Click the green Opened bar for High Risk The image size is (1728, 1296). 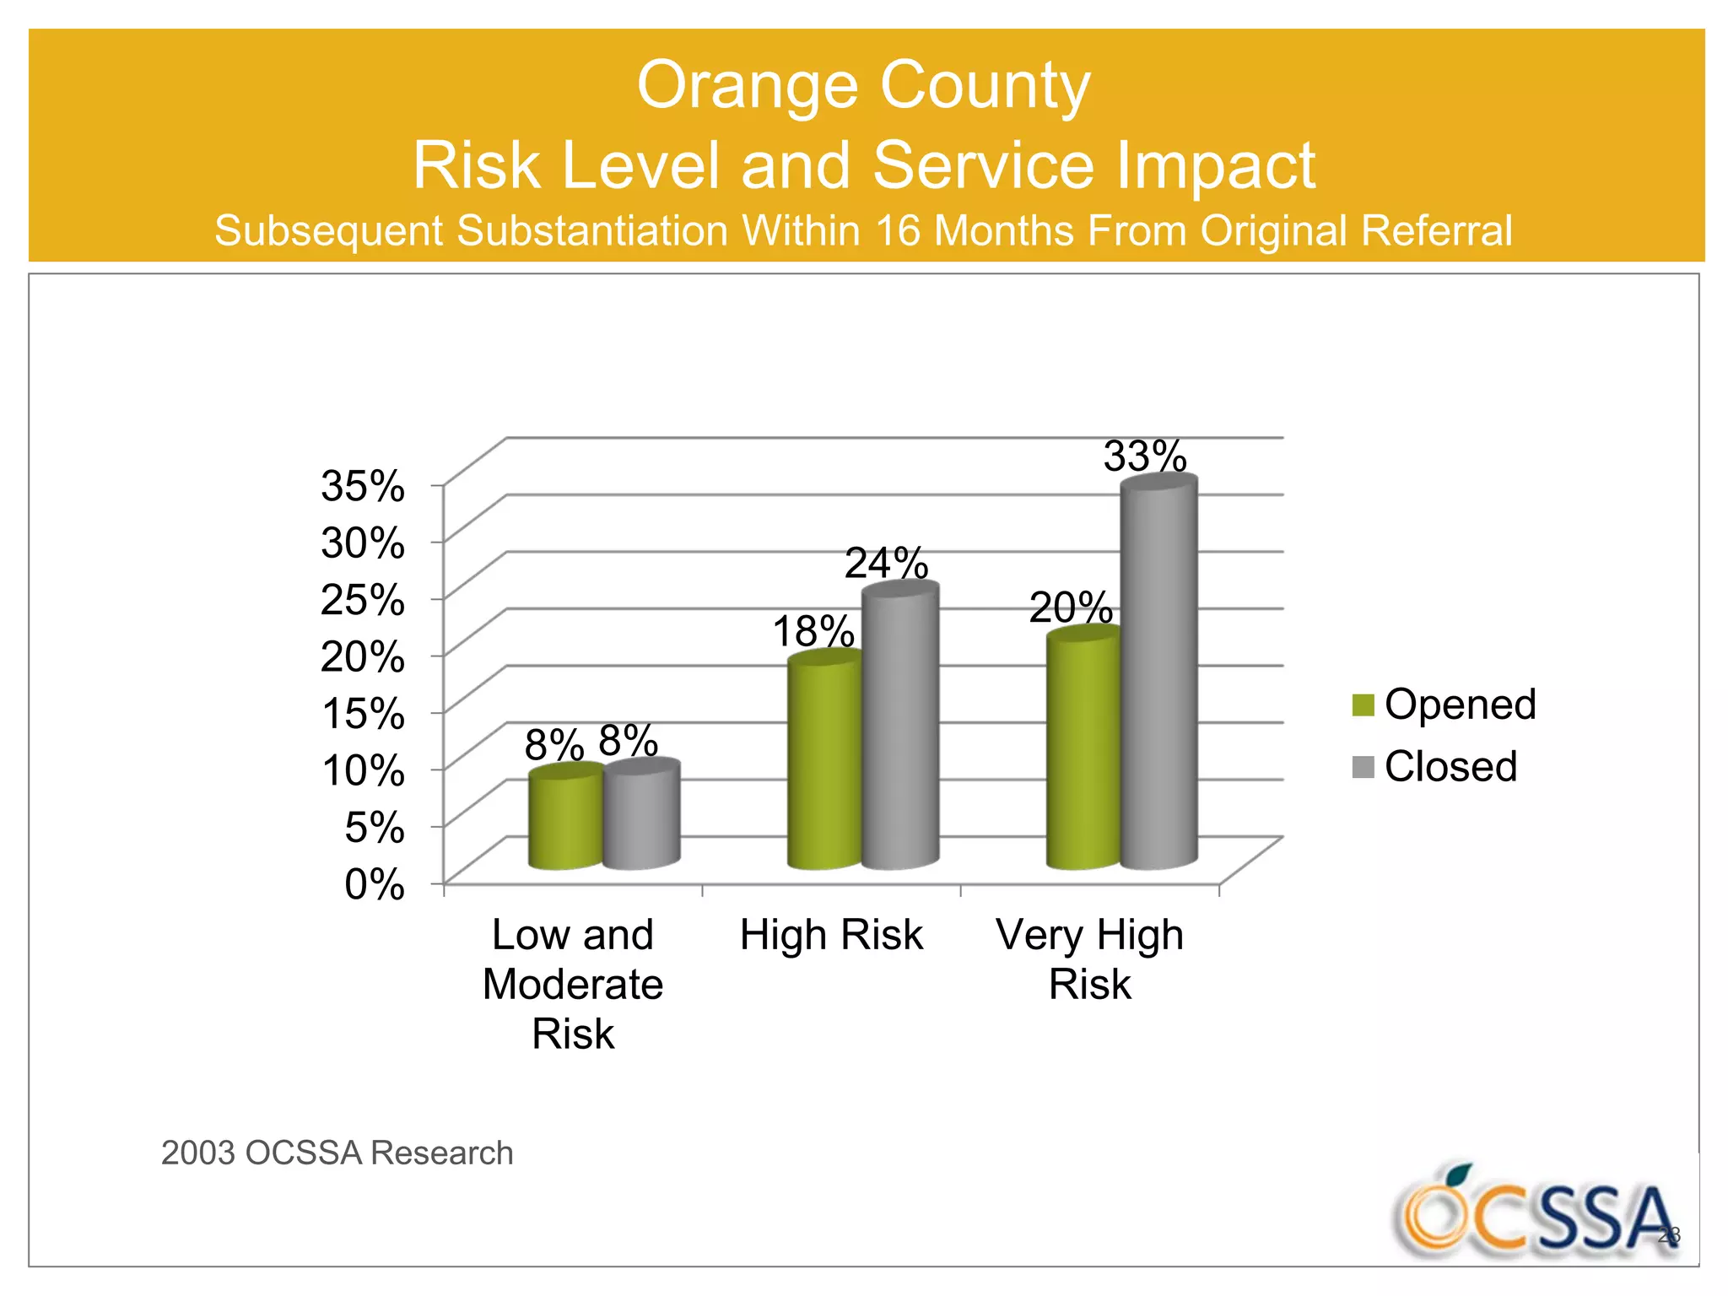point(824,764)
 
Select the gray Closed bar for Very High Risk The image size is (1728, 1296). point(1158,675)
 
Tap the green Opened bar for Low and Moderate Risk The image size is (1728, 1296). point(565,818)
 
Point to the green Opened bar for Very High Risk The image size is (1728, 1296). point(1083,751)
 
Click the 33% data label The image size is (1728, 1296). point(1145,456)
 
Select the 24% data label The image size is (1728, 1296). point(886,563)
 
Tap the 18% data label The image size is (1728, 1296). point(813,631)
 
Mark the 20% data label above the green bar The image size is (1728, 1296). point(1070,607)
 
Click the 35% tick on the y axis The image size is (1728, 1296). point(363,486)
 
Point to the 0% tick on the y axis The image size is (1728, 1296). point(374,884)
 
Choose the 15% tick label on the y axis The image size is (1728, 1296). point(363,713)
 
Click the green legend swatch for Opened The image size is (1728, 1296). point(1363,705)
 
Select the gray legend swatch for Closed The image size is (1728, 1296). point(1363,767)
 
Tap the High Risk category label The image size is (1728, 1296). point(831,935)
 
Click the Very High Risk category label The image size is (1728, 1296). point(1089,959)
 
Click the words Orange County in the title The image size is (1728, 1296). point(863,85)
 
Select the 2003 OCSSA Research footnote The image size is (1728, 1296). point(337,1153)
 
